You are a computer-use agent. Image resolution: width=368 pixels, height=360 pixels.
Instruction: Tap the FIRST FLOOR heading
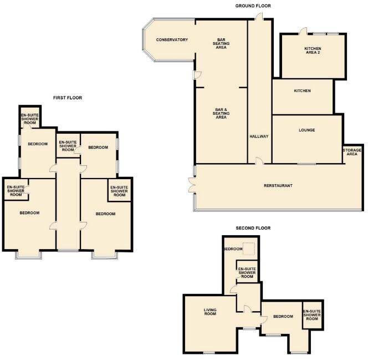tap(68, 98)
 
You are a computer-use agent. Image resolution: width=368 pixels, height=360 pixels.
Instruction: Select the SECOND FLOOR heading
tap(253, 228)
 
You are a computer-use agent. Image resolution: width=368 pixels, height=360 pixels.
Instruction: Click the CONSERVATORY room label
tap(172, 40)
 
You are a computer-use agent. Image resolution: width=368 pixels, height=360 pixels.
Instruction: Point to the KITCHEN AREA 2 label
tap(312, 51)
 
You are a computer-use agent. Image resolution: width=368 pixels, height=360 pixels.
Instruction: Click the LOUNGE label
tap(306, 130)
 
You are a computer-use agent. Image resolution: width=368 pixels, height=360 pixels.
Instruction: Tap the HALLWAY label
tap(259, 136)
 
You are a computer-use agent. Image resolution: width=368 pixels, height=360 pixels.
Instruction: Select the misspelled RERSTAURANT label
tap(278, 185)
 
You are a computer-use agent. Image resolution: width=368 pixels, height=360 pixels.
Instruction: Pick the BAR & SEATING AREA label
tap(221, 114)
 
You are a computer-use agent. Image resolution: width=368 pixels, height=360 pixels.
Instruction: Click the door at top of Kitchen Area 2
tap(303, 31)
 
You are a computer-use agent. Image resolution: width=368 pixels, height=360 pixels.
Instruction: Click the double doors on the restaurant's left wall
tap(192, 185)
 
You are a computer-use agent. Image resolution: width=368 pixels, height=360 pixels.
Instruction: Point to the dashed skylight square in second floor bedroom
tap(249, 249)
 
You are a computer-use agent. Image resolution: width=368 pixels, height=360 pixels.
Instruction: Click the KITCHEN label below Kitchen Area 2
tap(302, 90)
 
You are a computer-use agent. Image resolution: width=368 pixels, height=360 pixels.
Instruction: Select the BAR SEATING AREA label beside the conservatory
tap(221, 43)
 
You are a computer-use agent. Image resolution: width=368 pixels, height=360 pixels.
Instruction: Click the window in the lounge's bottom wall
tap(306, 164)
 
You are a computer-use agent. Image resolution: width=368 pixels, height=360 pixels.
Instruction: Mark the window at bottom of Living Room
tap(209, 353)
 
